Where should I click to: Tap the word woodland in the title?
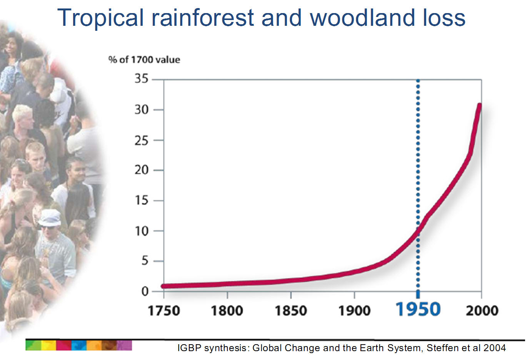tap(362, 18)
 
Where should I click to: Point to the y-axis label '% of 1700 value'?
tap(144, 60)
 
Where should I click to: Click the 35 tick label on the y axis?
tap(142, 78)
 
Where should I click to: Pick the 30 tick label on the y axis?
tap(142, 110)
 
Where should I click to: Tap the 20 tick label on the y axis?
tap(142, 170)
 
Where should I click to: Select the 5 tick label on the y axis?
tap(145, 261)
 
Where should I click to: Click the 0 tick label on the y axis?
tap(145, 291)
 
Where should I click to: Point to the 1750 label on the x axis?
tap(164, 311)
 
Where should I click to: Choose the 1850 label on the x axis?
tap(291, 311)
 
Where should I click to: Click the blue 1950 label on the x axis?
tap(418, 309)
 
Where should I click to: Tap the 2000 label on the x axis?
tap(482, 311)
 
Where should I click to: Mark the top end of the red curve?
tap(480, 105)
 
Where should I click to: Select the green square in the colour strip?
tap(33, 345)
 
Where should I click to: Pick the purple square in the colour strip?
tap(124, 345)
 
